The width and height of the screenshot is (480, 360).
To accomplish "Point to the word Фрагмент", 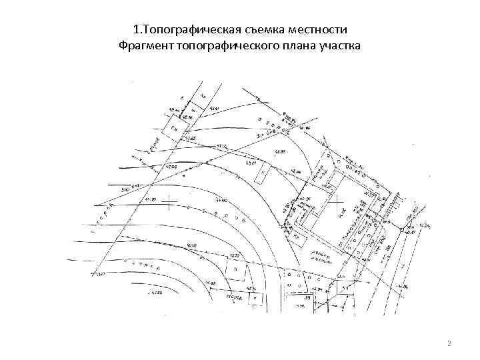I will (145, 46).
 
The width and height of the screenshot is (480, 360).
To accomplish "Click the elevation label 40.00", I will (173, 165).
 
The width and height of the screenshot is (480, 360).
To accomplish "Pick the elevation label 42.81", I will (216, 109).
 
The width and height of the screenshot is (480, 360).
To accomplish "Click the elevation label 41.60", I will (221, 199).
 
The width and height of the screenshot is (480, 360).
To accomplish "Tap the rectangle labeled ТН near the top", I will (175, 128).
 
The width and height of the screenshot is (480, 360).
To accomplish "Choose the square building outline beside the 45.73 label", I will (235, 268).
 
